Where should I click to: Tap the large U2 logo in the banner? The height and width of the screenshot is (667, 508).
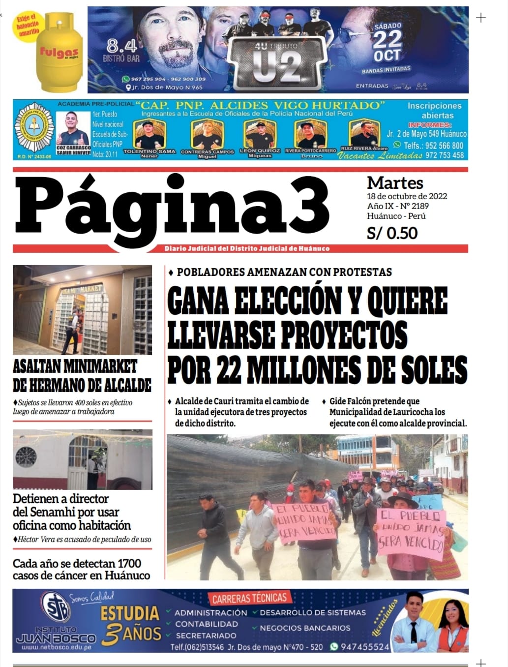pos(278,67)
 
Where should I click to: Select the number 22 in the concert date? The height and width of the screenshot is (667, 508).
pos(387,39)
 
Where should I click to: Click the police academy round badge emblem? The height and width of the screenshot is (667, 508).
pos(34,129)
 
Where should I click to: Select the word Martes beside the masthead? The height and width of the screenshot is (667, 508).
pos(395,183)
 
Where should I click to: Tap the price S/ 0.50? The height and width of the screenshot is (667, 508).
pos(392,233)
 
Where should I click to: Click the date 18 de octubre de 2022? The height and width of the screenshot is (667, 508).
pos(407,196)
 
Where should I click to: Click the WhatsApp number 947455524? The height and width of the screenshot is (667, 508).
pos(365,647)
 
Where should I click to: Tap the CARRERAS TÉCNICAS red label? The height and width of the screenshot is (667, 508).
pos(249,599)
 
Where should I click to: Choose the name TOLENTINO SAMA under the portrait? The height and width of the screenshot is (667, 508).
pos(149,151)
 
